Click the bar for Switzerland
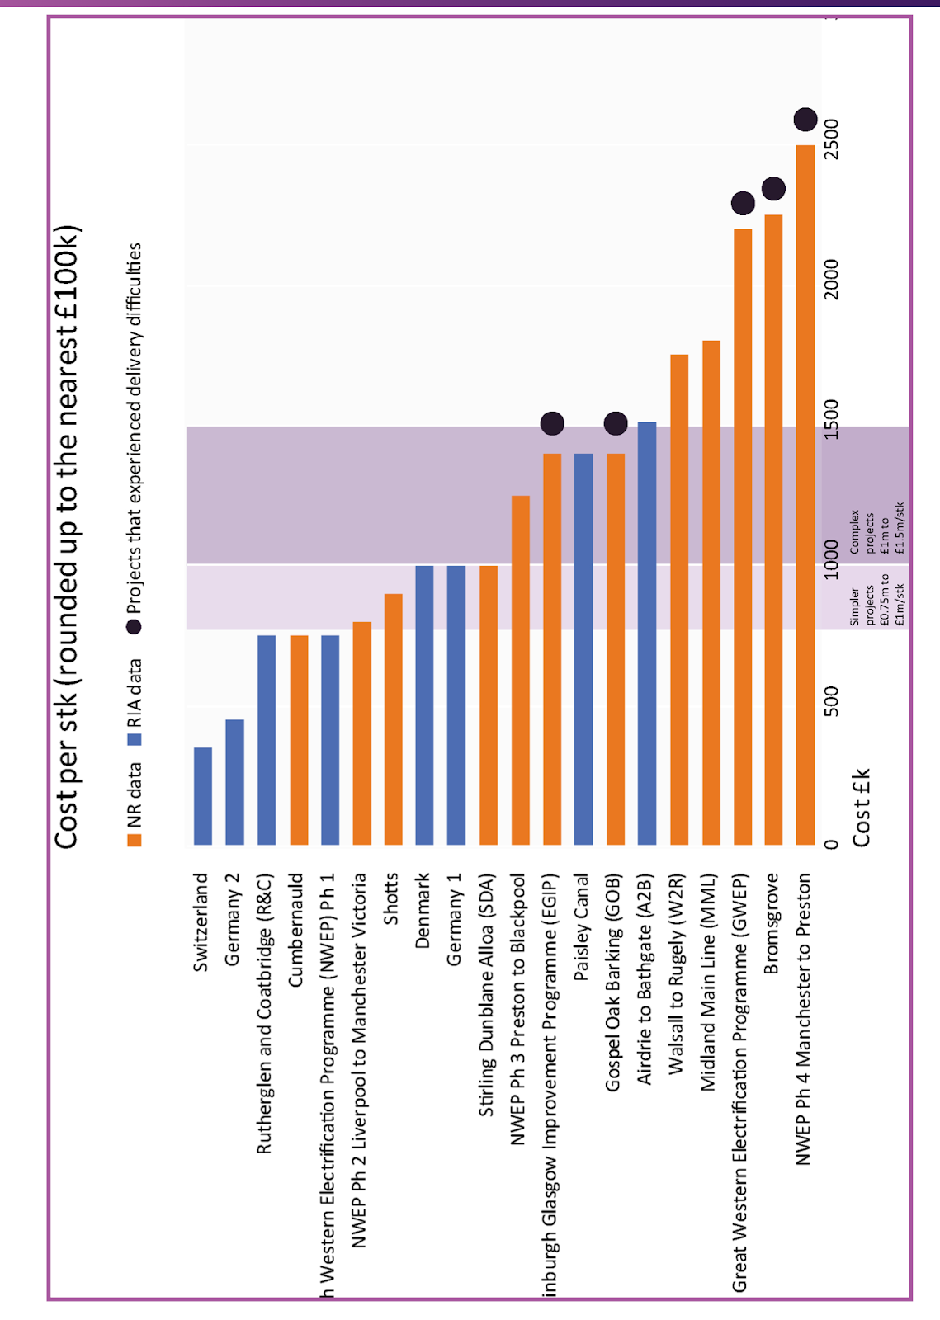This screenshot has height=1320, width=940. pyautogui.click(x=203, y=795)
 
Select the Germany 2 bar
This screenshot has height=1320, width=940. pyautogui.click(x=234, y=781)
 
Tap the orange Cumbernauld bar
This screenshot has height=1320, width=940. pyautogui.click(x=299, y=739)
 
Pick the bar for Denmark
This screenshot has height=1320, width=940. pyautogui.click(x=424, y=705)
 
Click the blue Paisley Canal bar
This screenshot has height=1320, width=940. pyautogui.click(x=583, y=648)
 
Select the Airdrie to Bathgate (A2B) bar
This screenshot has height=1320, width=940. pyautogui.click(x=647, y=633)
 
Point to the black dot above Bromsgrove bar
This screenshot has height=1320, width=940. pyautogui.click(x=773, y=189)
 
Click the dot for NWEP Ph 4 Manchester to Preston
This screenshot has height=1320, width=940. pyautogui.click(x=805, y=120)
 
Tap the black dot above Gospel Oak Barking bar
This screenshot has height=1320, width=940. pyautogui.click(x=616, y=423)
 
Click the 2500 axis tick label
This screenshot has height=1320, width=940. pyautogui.click(x=831, y=139)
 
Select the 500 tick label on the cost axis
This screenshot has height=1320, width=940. pyautogui.click(x=831, y=701)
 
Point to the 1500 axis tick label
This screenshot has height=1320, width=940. pyautogui.click(x=831, y=420)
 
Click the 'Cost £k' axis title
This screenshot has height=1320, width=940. pyautogui.click(x=861, y=807)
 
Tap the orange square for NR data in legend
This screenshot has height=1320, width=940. pyautogui.click(x=135, y=840)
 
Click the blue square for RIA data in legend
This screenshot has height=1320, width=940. pyautogui.click(x=135, y=739)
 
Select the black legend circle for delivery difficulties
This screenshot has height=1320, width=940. pyautogui.click(x=135, y=626)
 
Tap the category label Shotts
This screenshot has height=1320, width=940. pyautogui.click(x=391, y=898)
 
